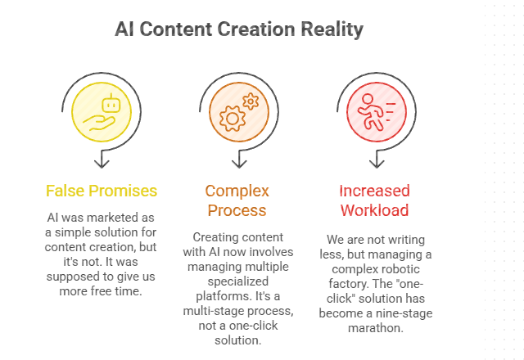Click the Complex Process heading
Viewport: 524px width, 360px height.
coord(237,201)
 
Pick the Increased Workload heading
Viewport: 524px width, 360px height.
coord(375,201)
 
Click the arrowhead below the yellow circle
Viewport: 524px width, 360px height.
coord(101,160)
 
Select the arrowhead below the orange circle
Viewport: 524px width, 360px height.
coord(238,160)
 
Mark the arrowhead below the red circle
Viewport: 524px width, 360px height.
coord(375,160)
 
